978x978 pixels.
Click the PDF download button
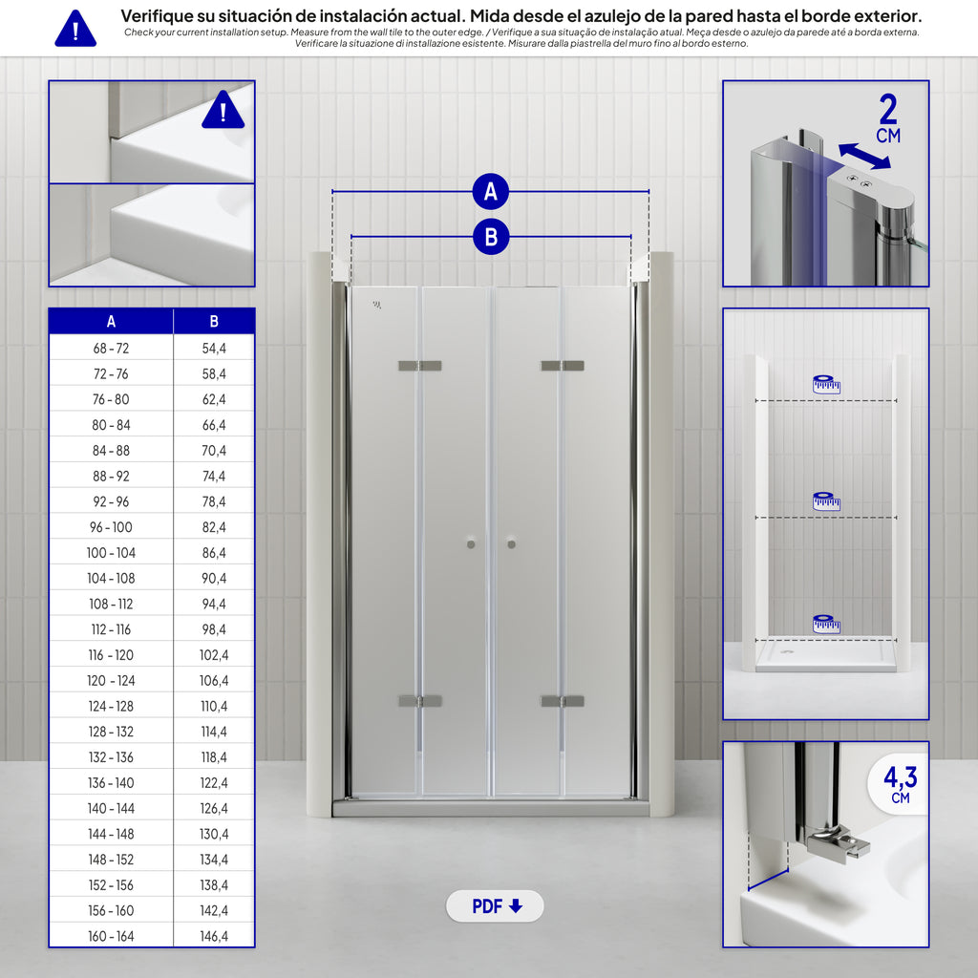coord(495,905)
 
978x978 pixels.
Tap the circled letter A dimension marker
coord(491,191)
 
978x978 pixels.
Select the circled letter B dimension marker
coord(491,237)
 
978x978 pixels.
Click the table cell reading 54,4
coord(214,348)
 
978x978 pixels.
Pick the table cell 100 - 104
coord(111,553)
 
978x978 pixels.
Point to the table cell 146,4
coord(214,936)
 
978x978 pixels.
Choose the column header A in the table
coord(111,321)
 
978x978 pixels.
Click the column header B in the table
coord(214,321)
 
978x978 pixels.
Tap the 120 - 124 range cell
coord(111,680)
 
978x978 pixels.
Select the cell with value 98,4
coord(214,629)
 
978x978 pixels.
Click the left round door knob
coord(471,544)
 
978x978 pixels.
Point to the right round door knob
coord(512,544)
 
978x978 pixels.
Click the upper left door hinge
coord(420,366)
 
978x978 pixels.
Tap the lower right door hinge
coord(563,701)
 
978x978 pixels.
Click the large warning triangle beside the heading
coord(75,29)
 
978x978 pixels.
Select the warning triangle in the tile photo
coord(223,110)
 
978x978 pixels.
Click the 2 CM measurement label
coord(889,118)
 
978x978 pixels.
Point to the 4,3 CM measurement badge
coord(900,784)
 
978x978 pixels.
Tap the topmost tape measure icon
coord(826,384)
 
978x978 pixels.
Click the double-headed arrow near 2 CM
coord(864,156)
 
